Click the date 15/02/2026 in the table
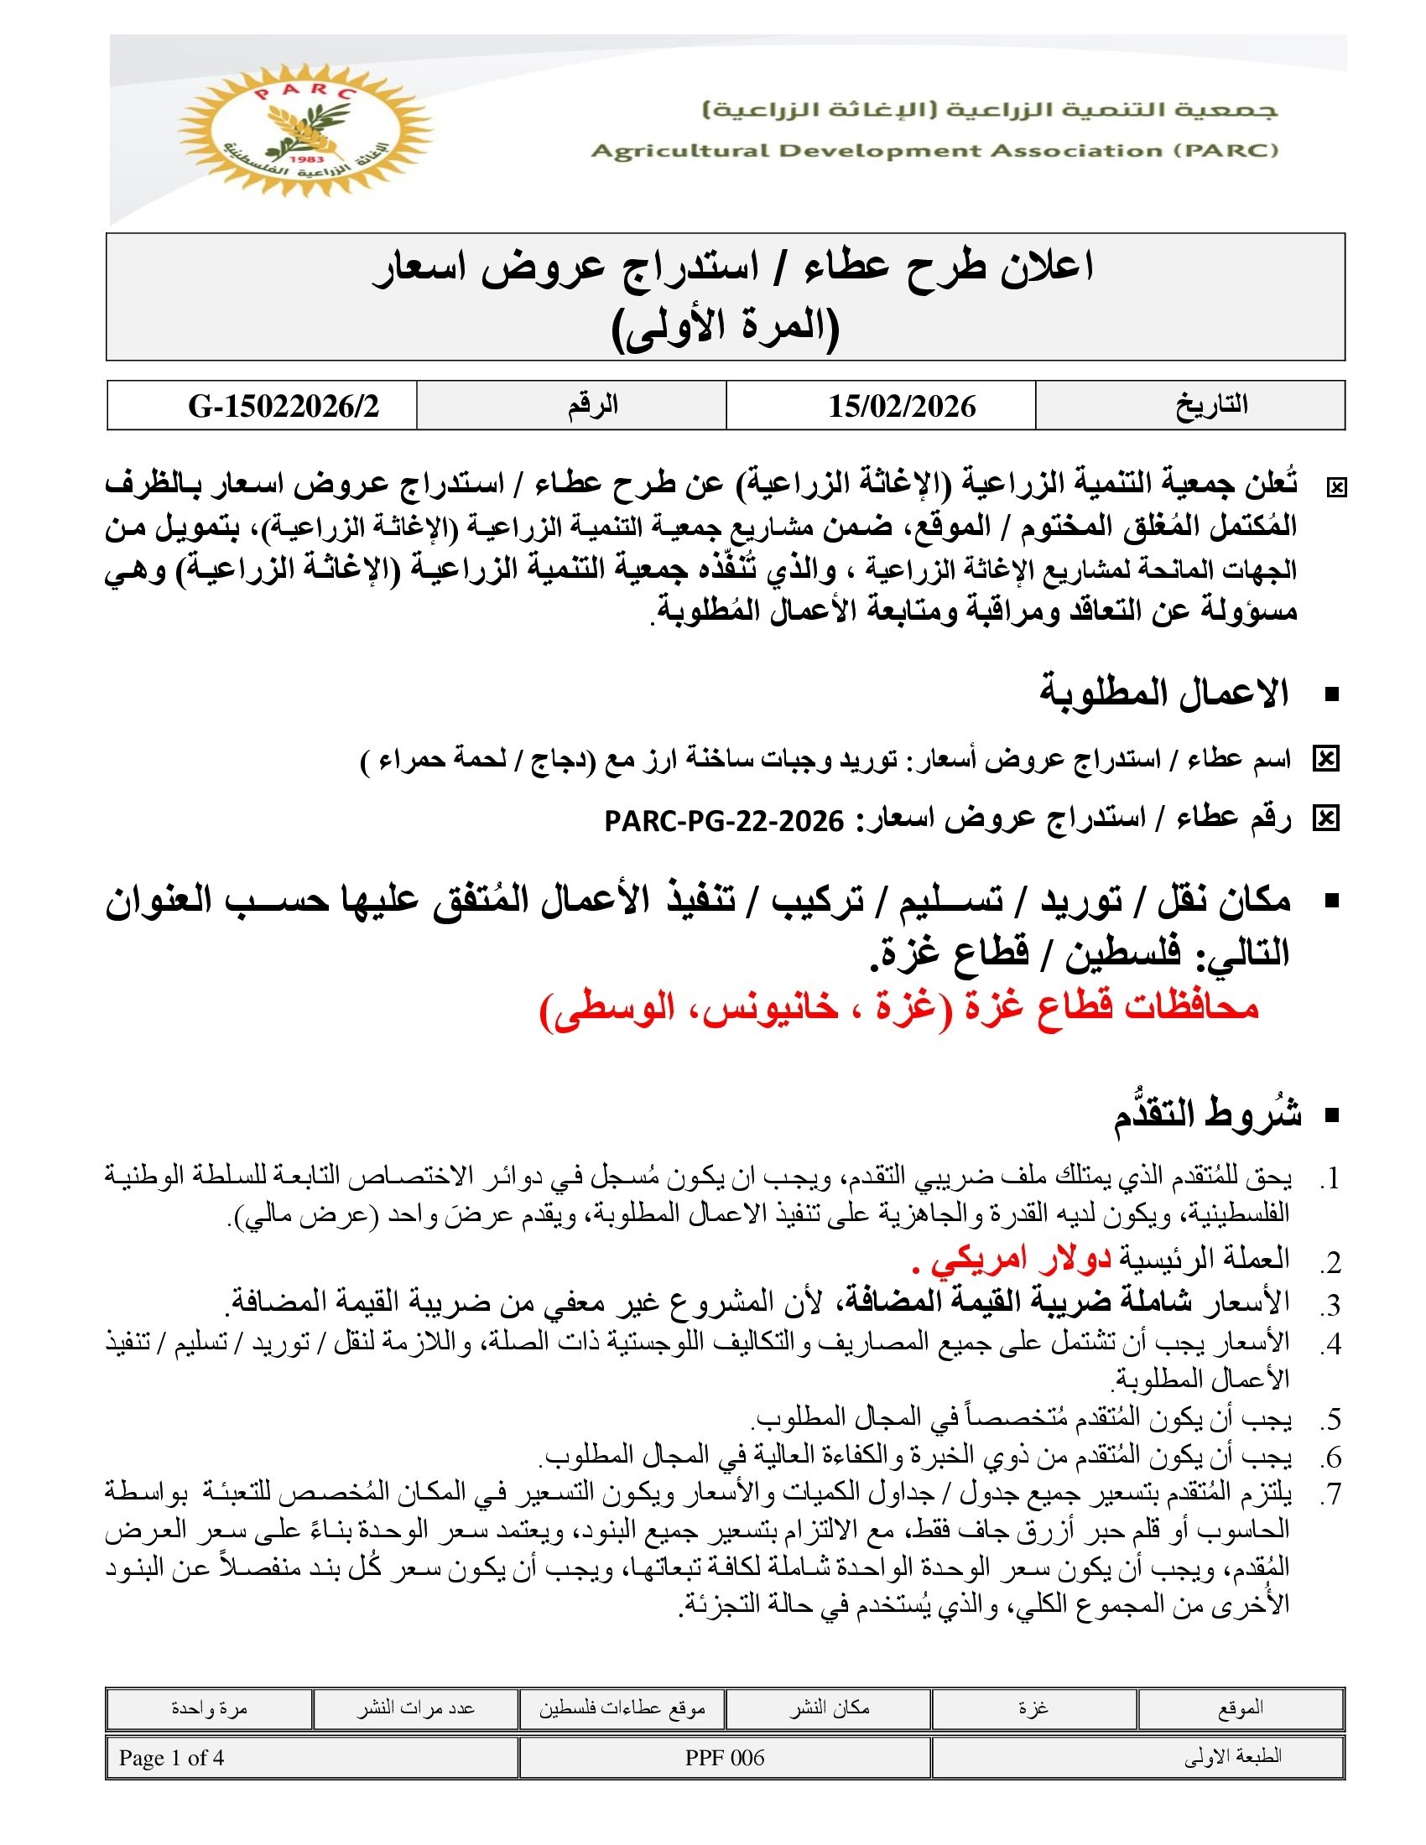pos(902,407)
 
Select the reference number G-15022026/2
pos(284,407)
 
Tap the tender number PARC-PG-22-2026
pos(724,819)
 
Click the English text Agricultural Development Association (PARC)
pos(934,151)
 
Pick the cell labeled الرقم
pos(592,406)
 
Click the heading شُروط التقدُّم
pos(1208,1115)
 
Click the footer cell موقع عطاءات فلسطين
pos(622,1709)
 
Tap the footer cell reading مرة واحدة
pos(209,1709)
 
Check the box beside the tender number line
pos(1325,819)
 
